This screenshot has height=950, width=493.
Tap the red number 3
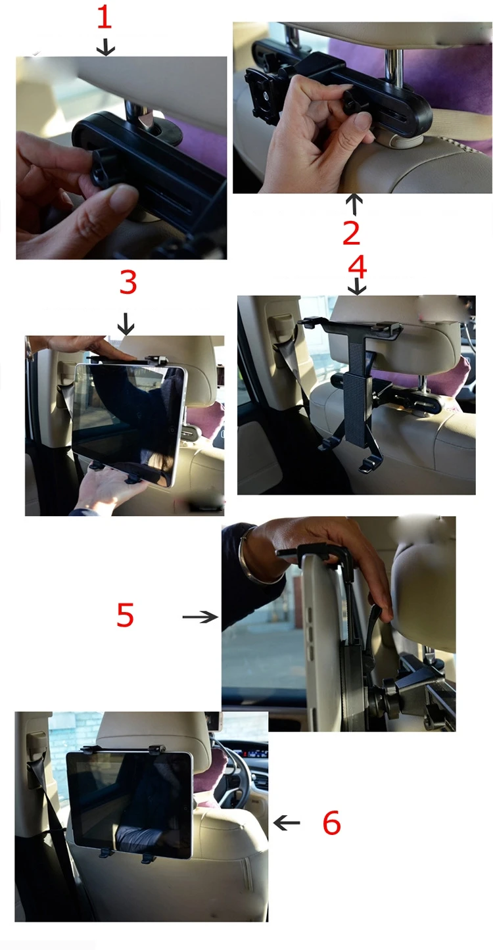click(x=128, y=282)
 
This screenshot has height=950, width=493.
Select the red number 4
click(x=357, y=266)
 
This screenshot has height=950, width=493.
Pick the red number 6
click(x=331, y=823)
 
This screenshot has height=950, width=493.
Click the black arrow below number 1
click(x=106, y=46)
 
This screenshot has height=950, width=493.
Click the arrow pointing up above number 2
click(x=354, y=204)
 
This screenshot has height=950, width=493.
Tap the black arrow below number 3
click(x=126, y=323)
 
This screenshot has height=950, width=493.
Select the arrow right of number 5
click(x=200, y=617)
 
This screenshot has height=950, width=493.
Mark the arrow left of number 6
click(x=287, y=822)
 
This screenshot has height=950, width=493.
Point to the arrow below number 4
click(x=357, y=287)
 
